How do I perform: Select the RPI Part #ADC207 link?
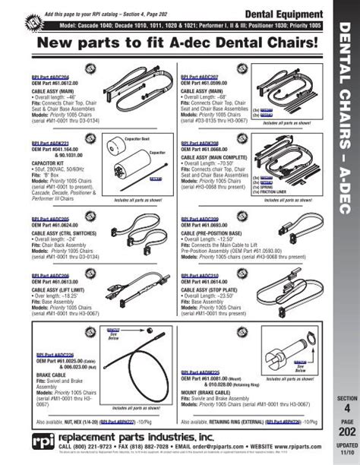click(200, 77)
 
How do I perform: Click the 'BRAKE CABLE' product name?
click(48, 375)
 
